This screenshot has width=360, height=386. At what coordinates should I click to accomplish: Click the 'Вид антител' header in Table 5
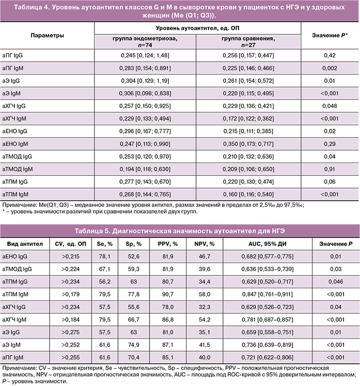(23, 243)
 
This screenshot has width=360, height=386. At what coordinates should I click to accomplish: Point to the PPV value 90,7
(168, 295)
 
